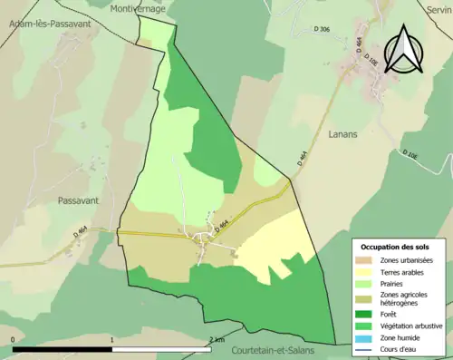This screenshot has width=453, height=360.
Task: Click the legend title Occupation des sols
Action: coord(396,247)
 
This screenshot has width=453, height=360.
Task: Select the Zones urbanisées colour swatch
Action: coord(367,260)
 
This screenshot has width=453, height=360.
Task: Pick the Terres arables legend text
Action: coord(404,272)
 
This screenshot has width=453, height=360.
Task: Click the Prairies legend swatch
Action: coord(367,284)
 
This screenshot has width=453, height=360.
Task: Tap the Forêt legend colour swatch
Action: coord(367,316)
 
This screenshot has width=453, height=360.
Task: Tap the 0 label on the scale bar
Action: coord(14,339)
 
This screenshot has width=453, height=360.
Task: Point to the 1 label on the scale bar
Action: coord(111,339)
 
